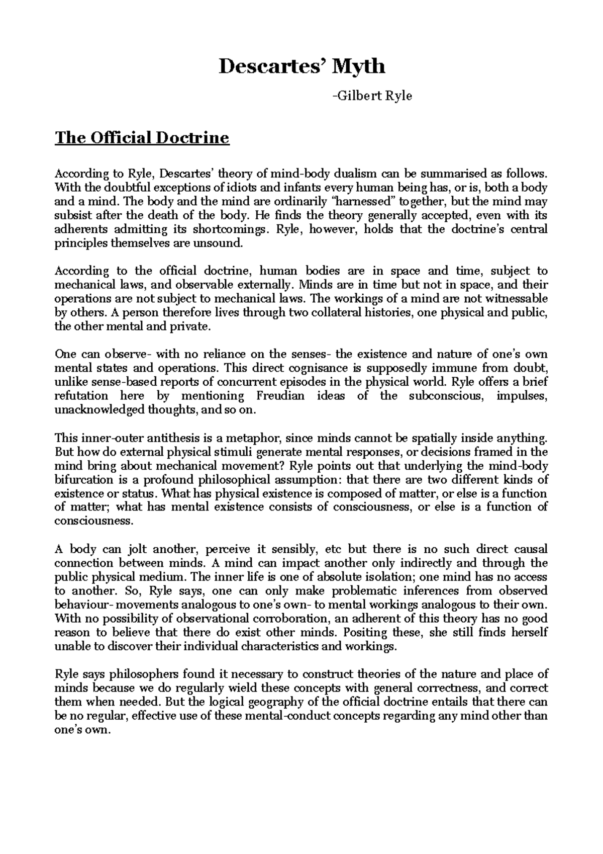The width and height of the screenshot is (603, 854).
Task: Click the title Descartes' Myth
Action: [301, 66]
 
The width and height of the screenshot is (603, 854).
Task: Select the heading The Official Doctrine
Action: [142, 137]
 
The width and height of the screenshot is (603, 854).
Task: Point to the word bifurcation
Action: [82, 479]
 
